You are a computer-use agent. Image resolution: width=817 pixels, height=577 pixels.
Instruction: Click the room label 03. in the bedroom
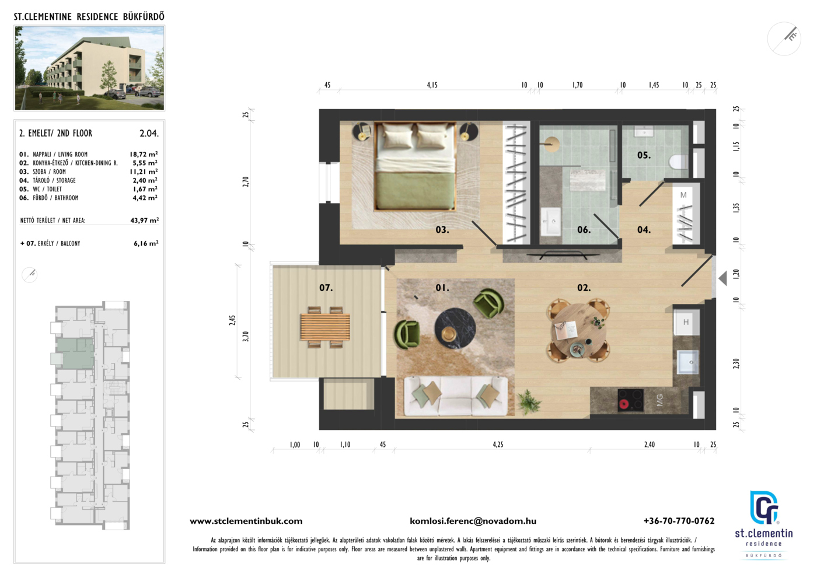pos(442,230)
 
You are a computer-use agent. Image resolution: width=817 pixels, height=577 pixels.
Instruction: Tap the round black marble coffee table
pos(455,328)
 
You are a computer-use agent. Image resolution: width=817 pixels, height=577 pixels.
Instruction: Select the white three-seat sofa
pos(456,396)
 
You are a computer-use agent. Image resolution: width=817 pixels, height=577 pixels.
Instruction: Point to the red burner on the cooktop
pos(624,404)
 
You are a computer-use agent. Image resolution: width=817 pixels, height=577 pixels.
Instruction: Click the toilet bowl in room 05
pos(679,162)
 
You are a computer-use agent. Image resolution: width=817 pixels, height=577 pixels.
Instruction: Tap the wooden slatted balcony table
pos(325,327)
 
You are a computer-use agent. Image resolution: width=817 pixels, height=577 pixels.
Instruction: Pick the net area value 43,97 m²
pos(145,221)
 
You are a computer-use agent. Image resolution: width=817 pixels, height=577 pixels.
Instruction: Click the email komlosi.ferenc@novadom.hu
pos(473,521)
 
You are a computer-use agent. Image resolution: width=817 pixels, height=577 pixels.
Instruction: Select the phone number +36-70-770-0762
pos(679,521)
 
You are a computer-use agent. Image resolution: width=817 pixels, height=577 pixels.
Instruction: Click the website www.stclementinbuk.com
pos(246,521)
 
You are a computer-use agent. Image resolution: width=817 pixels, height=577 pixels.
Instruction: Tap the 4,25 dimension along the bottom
pos(498,444)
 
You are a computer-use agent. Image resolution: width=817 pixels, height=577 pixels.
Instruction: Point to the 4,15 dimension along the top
pos(432,85)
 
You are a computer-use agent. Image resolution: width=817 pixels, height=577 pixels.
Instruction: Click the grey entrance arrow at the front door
pos(723,278)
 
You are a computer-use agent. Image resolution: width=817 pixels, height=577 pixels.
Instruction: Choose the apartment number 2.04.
pos(149,134)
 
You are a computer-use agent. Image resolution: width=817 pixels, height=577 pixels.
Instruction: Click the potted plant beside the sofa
pos(528,401)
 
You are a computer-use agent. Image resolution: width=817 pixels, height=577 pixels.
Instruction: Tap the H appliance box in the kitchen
pos(686,322)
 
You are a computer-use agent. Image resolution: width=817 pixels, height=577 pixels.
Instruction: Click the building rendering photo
pos(89,68)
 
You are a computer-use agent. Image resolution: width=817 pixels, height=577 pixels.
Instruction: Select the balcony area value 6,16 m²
pos(146,243)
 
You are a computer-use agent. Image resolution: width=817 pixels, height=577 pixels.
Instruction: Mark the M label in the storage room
pos(683,195)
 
